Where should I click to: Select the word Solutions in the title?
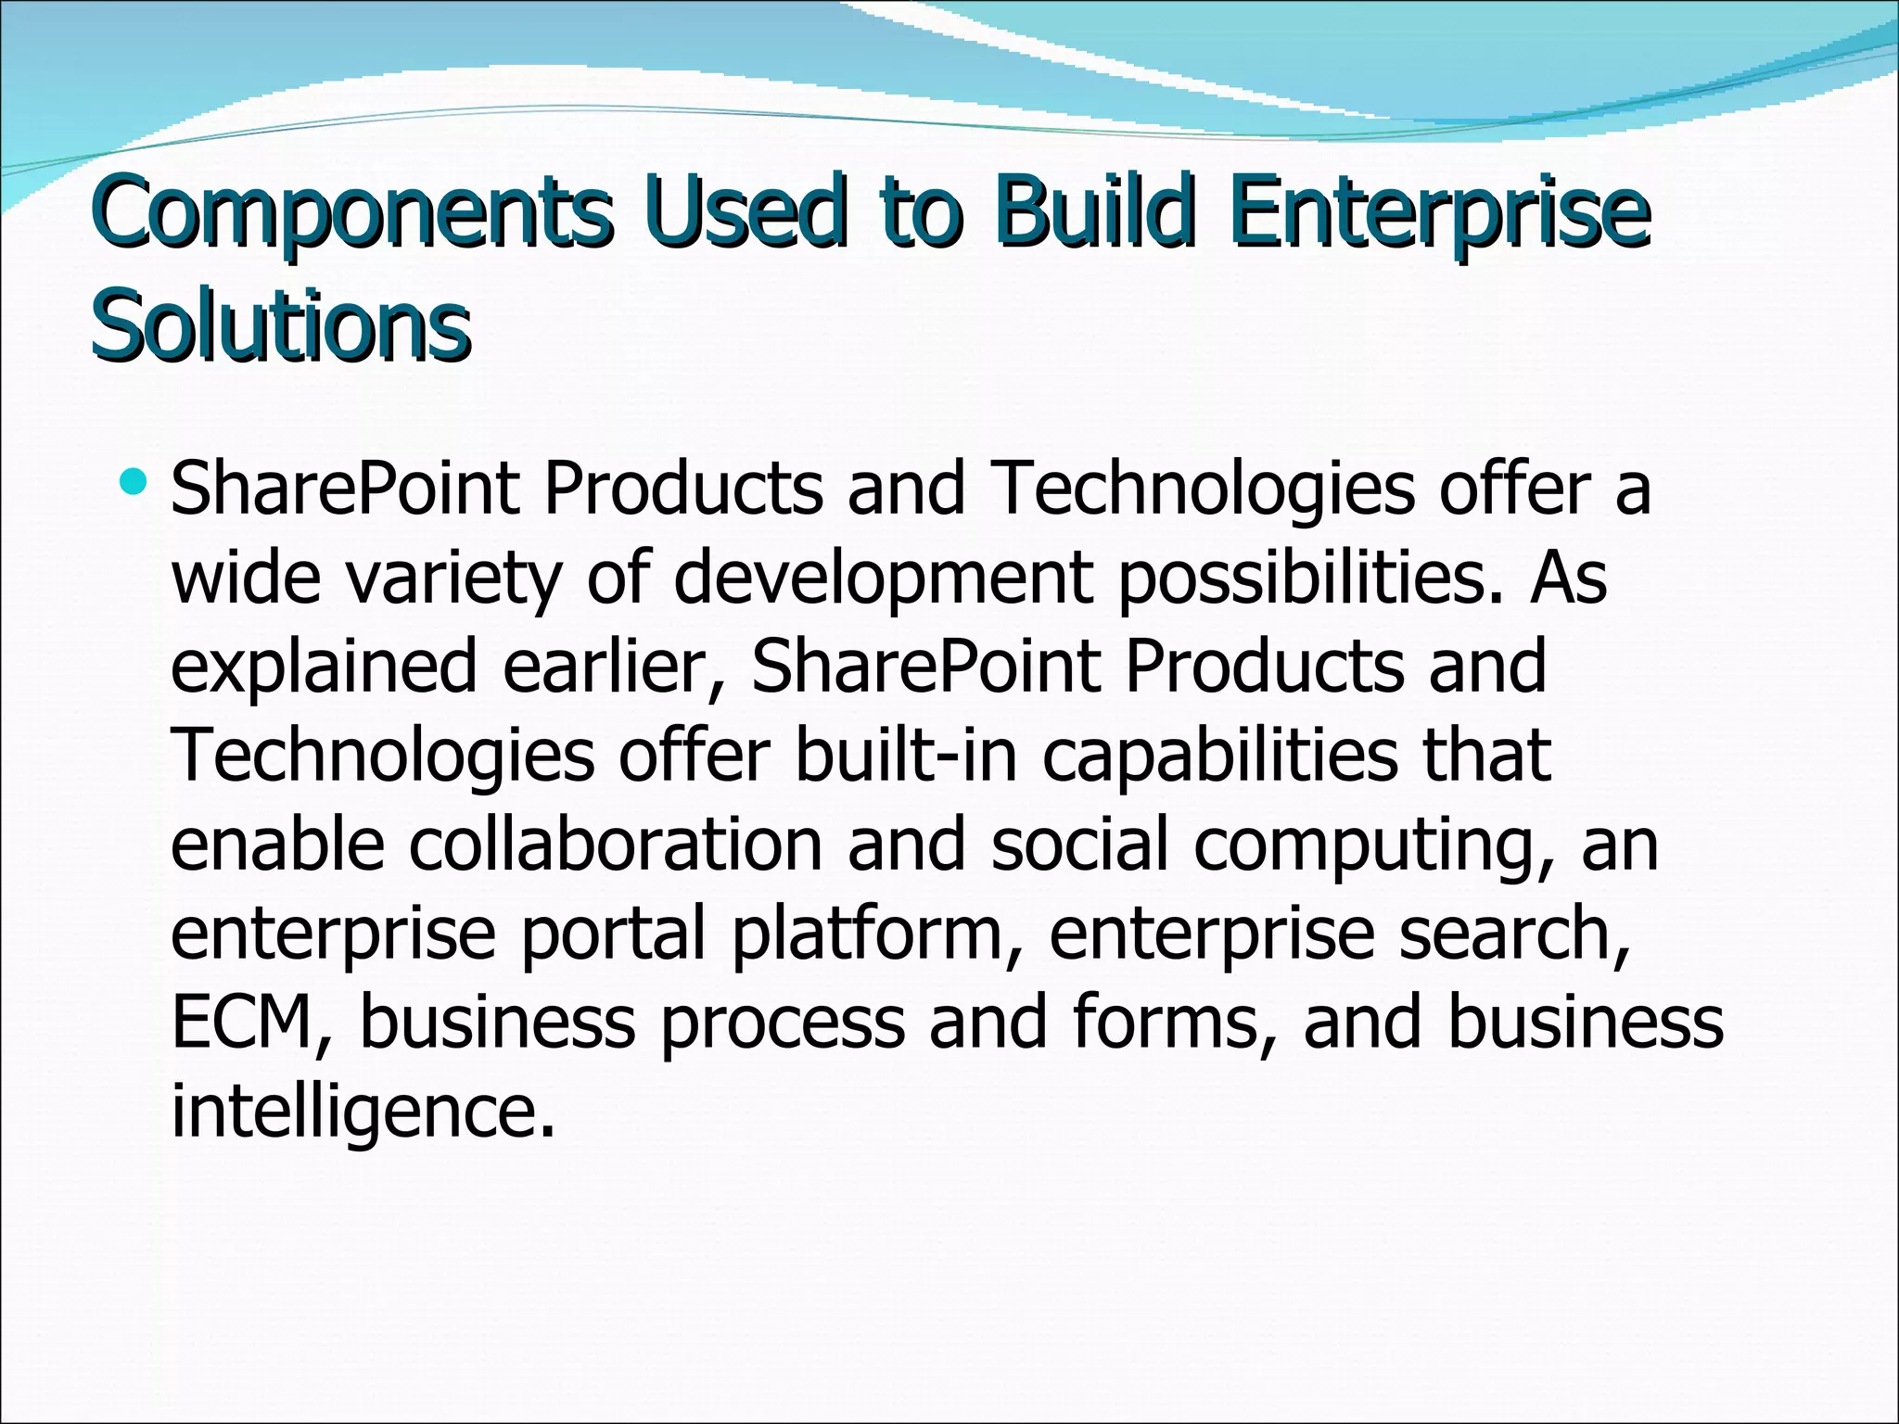click(x=281, y=324)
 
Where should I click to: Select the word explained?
click(x=324, y=667)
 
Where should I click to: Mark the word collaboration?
click(x=615, y=845)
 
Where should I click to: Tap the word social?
click(x=1079, y=845)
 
